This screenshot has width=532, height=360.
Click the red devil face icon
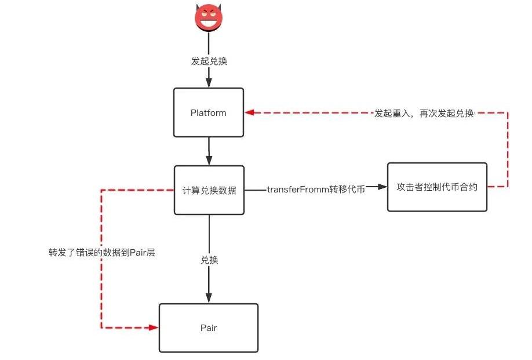(209, 19)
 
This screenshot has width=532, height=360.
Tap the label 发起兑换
(209, 61)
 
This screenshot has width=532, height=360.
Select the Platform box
(209, 113)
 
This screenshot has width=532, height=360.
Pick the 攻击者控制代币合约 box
(437, 188)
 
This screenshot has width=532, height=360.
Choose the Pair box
(209, 328)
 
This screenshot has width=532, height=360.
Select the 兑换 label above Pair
(209, 260)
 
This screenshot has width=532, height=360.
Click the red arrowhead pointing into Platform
(249, 113)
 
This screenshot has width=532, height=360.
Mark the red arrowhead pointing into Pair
(154, 328)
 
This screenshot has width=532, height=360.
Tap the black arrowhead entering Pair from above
(209, 298)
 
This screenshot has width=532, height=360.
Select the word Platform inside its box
(209, 113)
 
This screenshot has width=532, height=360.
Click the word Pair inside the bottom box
(209, 328)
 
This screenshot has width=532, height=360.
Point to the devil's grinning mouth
(209, 24)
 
